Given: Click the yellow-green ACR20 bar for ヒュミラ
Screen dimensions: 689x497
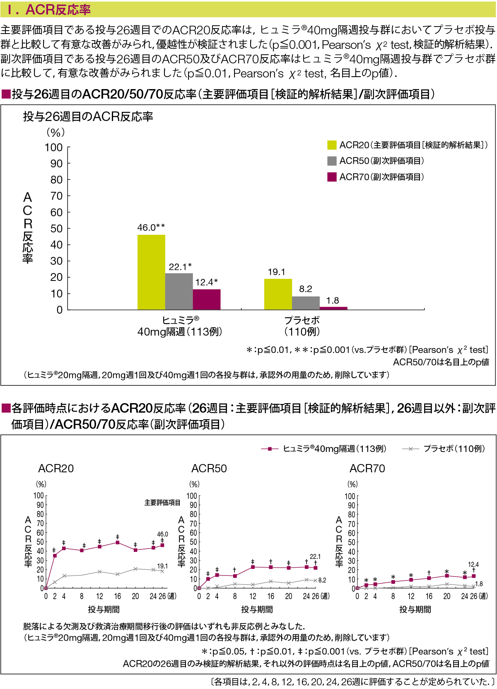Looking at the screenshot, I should click(151, 272).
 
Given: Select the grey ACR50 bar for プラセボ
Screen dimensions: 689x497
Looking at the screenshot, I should click(306, 303).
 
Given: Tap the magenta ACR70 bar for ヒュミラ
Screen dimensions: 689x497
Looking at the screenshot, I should click(207, 299).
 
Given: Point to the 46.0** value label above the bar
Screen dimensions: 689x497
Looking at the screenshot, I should click(151, 227).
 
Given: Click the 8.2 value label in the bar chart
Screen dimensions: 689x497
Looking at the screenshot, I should click(306, 289).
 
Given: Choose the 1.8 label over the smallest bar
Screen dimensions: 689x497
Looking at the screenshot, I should click(333, 300).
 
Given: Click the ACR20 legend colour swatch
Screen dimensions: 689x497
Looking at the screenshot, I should click(332, 145).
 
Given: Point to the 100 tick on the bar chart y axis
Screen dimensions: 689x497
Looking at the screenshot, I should click(53, 147).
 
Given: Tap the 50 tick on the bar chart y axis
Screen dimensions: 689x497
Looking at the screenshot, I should click(56, 229).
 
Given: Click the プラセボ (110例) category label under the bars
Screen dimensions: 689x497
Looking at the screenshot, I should click(302, 326).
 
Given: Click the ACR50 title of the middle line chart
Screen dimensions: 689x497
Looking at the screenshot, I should click(209, 469).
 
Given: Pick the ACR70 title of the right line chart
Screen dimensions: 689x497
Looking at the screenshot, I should click(367, 469).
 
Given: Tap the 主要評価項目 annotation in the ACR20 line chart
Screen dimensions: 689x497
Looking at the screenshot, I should click(162, 503).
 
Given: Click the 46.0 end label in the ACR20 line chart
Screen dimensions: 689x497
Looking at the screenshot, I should click(162, 534).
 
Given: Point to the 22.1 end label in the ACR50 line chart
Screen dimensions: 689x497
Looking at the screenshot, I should click(315, 556).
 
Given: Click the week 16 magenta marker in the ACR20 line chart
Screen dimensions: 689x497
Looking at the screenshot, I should click(118, 542).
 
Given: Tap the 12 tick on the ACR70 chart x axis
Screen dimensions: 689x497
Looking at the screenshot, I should click(411, 596).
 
